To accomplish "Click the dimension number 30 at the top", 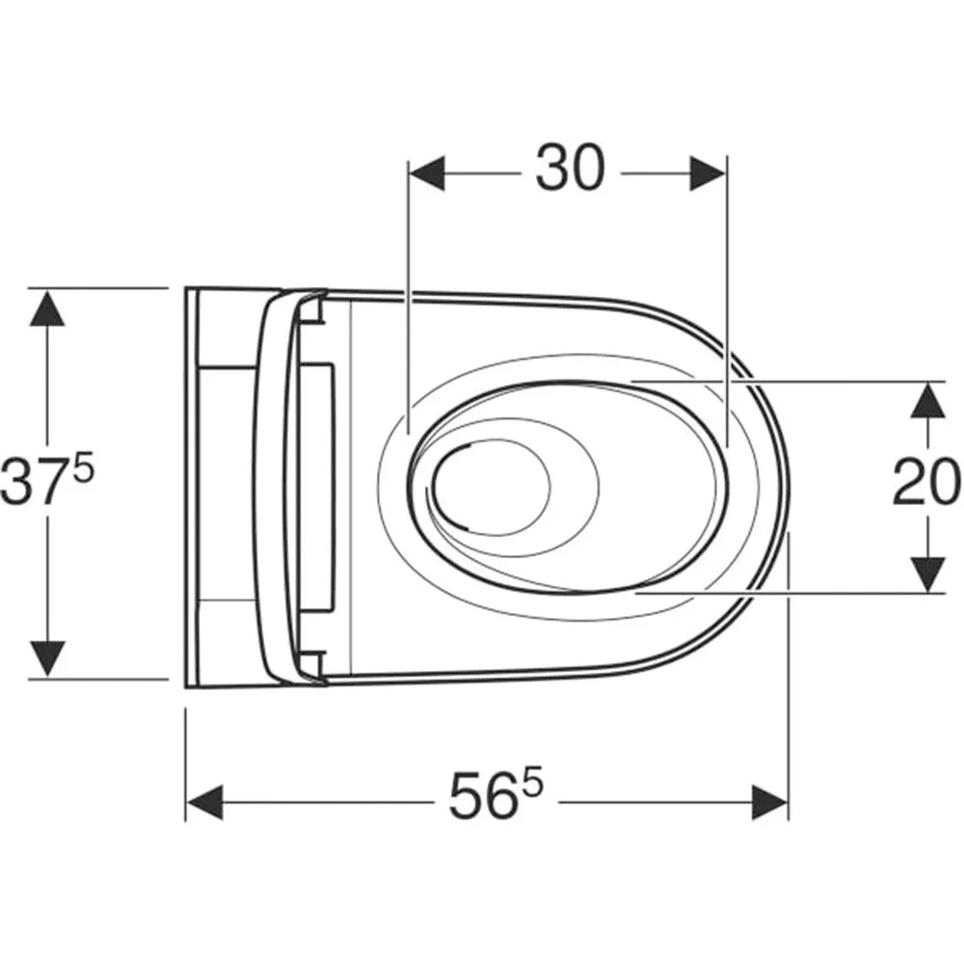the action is tap(570, 167).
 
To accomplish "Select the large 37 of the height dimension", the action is tap(36, 483).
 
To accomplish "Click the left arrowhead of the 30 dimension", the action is tap(427, 174).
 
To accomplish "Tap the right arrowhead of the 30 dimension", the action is tap(709, 174).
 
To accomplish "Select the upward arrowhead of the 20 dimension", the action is tap(927, 400).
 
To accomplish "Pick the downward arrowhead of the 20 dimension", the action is tap(927, 576).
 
